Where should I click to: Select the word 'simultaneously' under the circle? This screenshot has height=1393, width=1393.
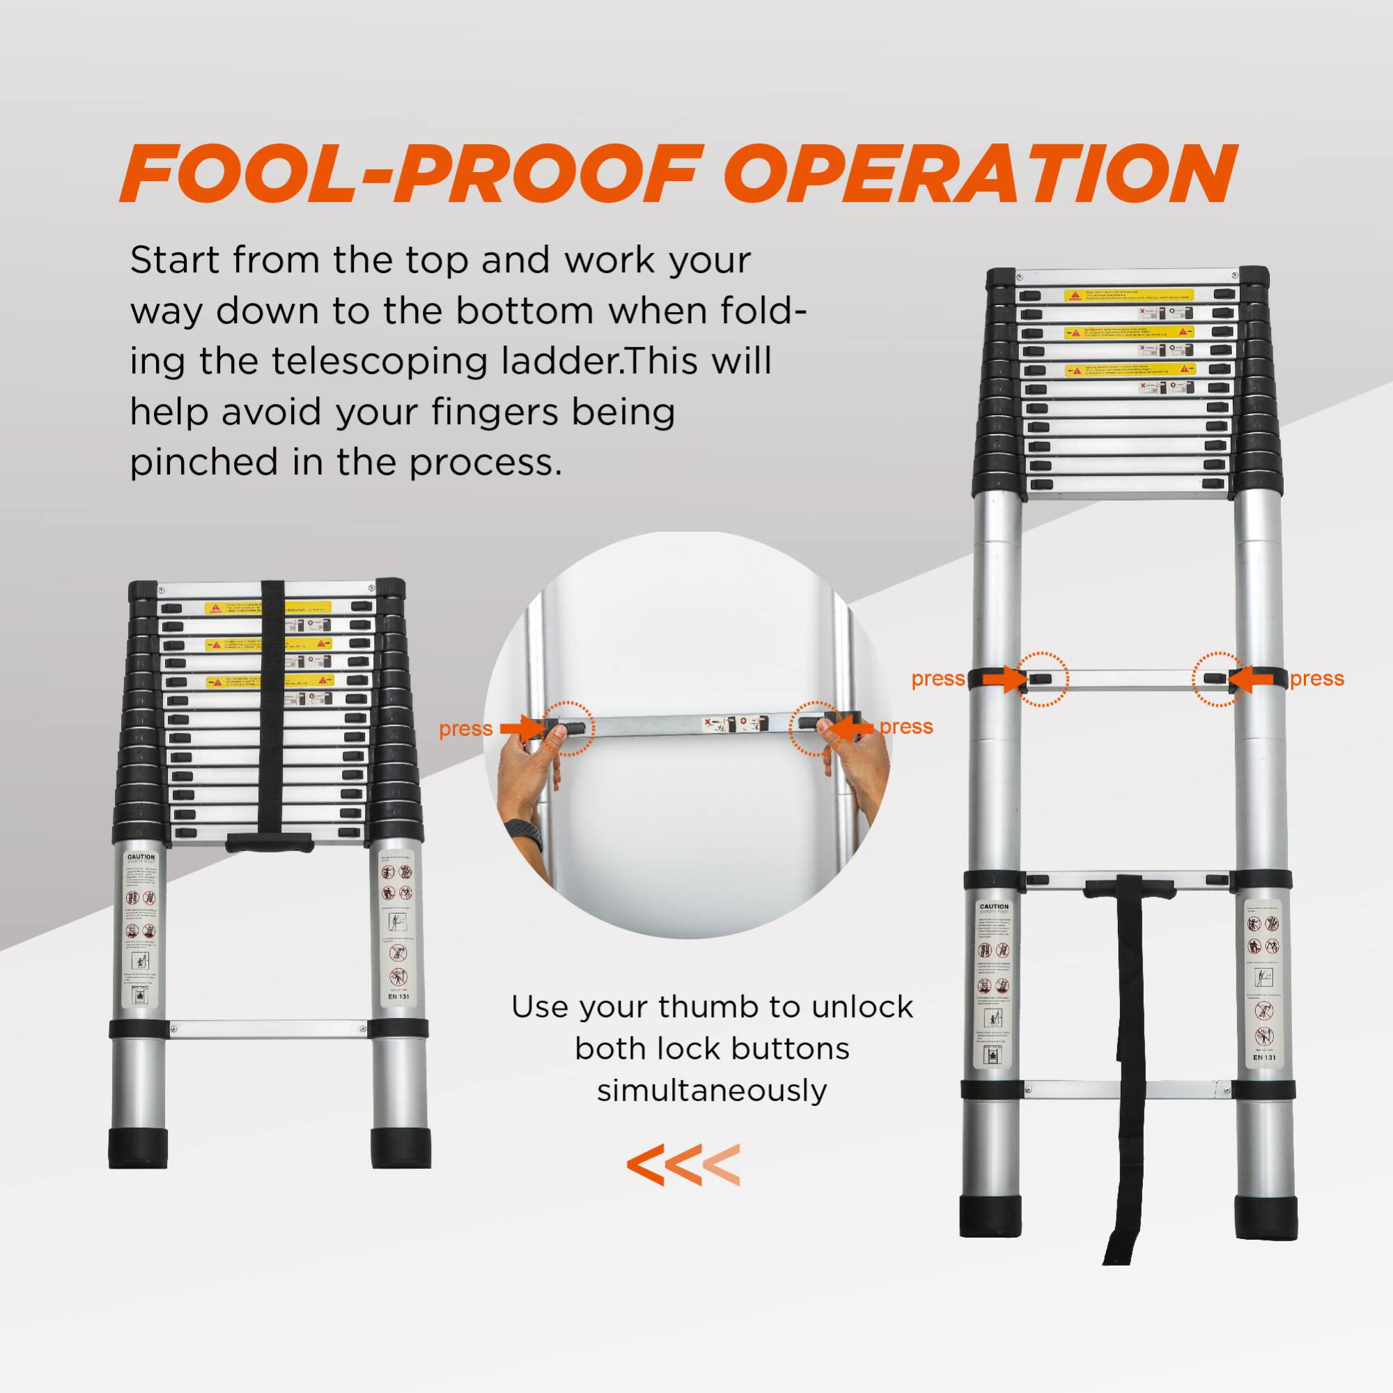click(712, 1090)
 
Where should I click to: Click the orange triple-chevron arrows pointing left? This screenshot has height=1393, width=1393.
click(683, 1165)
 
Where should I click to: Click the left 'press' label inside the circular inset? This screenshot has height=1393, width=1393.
click(465, 729)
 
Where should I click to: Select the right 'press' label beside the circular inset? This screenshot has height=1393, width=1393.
click(906, 726)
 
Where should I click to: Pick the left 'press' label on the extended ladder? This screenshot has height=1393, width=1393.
click(938, 679)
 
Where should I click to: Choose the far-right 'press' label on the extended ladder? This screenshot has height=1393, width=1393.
click(1316, 679)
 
